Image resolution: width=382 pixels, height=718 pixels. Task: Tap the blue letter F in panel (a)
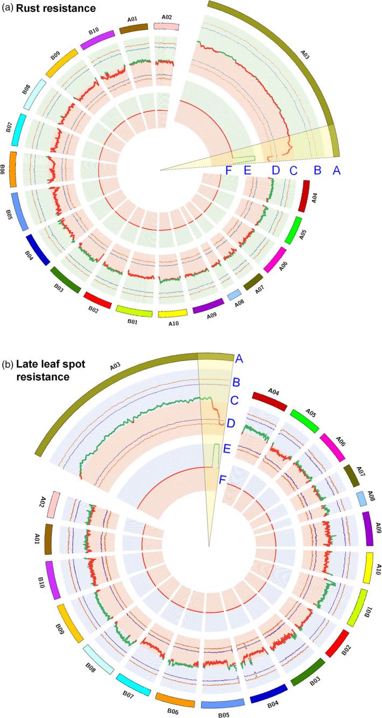(228, 170)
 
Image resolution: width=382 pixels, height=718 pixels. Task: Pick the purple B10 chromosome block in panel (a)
(98, 40)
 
